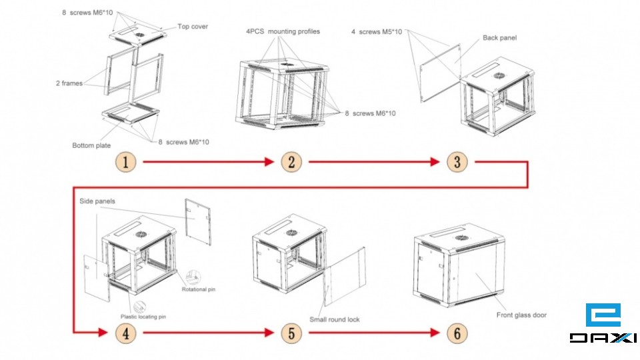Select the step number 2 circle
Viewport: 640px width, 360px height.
(291, 162)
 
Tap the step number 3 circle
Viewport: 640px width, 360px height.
(457, 162)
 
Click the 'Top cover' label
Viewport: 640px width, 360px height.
(193, 27)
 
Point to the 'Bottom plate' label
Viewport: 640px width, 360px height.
(91, 145)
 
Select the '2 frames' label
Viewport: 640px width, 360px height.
(69, 83)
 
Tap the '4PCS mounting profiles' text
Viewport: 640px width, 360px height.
(283, 31)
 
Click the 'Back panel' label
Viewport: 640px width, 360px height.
(499, 38)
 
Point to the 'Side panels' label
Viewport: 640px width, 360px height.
(97, 201)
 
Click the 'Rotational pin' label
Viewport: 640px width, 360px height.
(198, 289)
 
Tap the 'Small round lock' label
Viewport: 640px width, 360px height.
(334, 319)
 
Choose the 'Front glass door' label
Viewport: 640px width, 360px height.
(521, 315)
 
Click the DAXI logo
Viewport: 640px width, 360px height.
(603, 325)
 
